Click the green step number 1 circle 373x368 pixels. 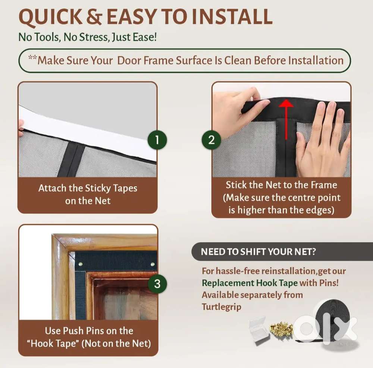[157, 140]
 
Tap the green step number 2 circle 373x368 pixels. [211, 140]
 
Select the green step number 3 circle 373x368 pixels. [157, 284]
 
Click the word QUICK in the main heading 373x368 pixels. [50, 17]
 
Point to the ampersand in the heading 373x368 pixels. [94, 17]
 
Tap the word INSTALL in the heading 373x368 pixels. [232, 17]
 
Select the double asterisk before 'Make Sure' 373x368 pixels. [32, 57]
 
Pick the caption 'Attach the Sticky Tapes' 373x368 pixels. [88, 188]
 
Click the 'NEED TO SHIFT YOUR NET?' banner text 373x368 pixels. [258, 252]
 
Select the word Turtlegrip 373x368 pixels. [222, 307]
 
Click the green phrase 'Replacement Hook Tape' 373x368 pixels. [250, 283]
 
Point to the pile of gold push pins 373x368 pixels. [281, 328]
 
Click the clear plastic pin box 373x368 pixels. [259, 330]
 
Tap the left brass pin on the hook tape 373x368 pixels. [81, 264]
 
